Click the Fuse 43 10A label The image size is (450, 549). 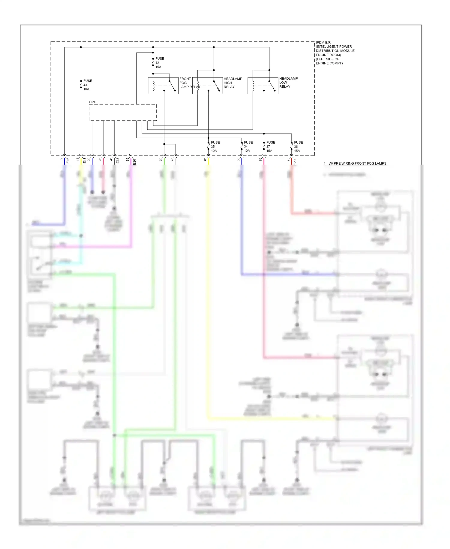pyautogui.click(x=87, y=85)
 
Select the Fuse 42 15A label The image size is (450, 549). pyautogui.click(x=159, y=63)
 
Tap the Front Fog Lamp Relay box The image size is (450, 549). pyautogui.click(x=163, y=86)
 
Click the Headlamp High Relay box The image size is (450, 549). pyautogui.click(x=207, y=86)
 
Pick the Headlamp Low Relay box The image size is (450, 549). pyautogui.click(x=263, y=86)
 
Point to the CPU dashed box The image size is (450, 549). pyautogui.click(x=123, y=113)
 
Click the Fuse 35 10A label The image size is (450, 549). pyautogui.click(x=215, y=147)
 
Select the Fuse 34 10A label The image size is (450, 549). pyautogui.click(x=248, y=147)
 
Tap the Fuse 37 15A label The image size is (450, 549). pyautogui.click(x=270, y=147)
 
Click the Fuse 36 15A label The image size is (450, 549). pyautogui.click(x=298, y=147)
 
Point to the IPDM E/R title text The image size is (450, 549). pyautogui.click(x=334, y=53)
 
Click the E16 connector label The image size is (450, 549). pyautogui.click(x=68, y=160)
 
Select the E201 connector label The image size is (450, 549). pyautogui.click(x=134, y=161)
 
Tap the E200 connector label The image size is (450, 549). pyautogui.click(x=295, y=161)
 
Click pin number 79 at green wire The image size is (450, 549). pyautogui.click(x=161, y=159)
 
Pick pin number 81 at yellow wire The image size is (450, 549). pyautogui.click(x=205, y=159)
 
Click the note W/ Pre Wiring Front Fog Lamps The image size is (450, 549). pyautogui.click(x=357, y=163)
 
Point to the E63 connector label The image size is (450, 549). pyautogui.click(x=118, y=160)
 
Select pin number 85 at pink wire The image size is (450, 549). pyautogui.click(x=127, y=159)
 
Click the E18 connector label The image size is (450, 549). pyautogui.click(x=85, y=160)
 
